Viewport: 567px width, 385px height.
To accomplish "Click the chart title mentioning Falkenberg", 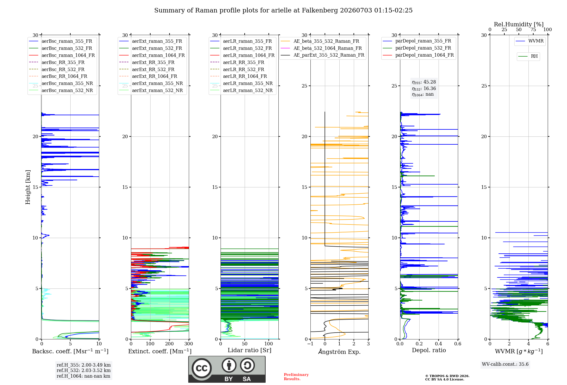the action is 283,10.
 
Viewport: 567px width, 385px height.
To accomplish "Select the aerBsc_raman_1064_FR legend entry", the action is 62,55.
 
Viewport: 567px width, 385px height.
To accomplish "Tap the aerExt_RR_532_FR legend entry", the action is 147,69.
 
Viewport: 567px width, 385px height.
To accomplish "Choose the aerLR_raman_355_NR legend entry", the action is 241,83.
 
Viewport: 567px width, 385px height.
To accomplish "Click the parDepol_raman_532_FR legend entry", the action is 417,48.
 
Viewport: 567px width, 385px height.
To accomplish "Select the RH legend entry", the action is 528,56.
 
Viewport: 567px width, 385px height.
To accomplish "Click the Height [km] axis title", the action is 28,187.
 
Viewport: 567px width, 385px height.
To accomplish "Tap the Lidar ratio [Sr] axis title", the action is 249,350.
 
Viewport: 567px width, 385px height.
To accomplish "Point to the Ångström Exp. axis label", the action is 339,352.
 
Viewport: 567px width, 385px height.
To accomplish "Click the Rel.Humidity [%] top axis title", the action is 519,24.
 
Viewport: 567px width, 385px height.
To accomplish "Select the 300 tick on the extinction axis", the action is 189,344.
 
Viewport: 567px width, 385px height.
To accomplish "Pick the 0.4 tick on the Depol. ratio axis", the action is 439,344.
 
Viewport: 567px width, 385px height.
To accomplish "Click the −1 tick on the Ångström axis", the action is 310,344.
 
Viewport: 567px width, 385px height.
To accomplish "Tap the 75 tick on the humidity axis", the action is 533,30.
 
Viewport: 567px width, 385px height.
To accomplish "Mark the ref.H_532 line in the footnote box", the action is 84,370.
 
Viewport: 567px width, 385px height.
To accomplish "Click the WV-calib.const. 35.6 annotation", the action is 505,364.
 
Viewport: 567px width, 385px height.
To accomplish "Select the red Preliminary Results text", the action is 296,377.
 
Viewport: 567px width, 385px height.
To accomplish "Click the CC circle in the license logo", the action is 202,368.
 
